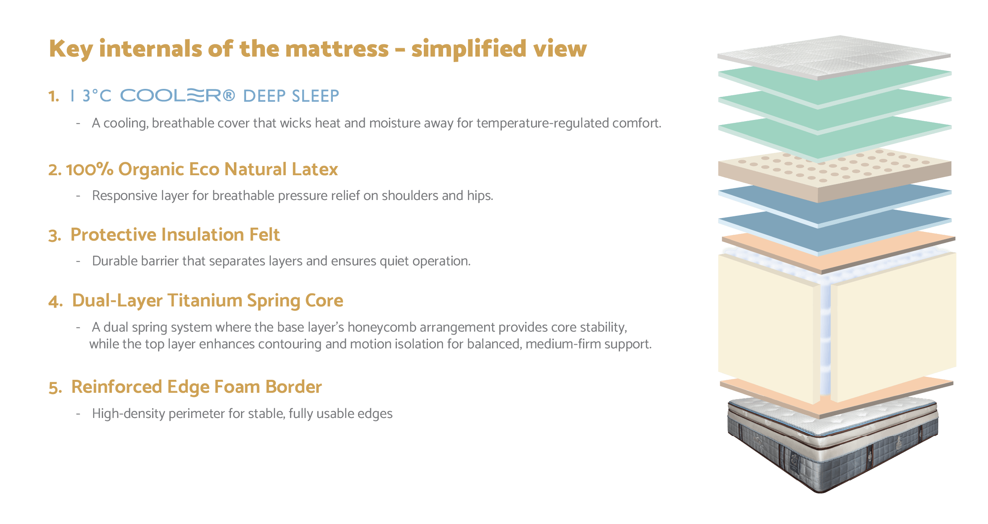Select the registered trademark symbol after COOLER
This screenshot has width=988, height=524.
(x=229, y=96)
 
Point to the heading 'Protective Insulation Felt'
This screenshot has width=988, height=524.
(x=175, y=235)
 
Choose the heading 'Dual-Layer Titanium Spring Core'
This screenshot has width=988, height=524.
(x=207, y=301)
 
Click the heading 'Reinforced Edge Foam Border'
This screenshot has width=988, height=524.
(x=197, y=387)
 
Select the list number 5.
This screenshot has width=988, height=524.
(x=55, y=388)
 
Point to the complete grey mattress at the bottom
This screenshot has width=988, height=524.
(x=832, y=444)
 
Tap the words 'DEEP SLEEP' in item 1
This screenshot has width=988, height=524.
(x=291, y=96)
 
